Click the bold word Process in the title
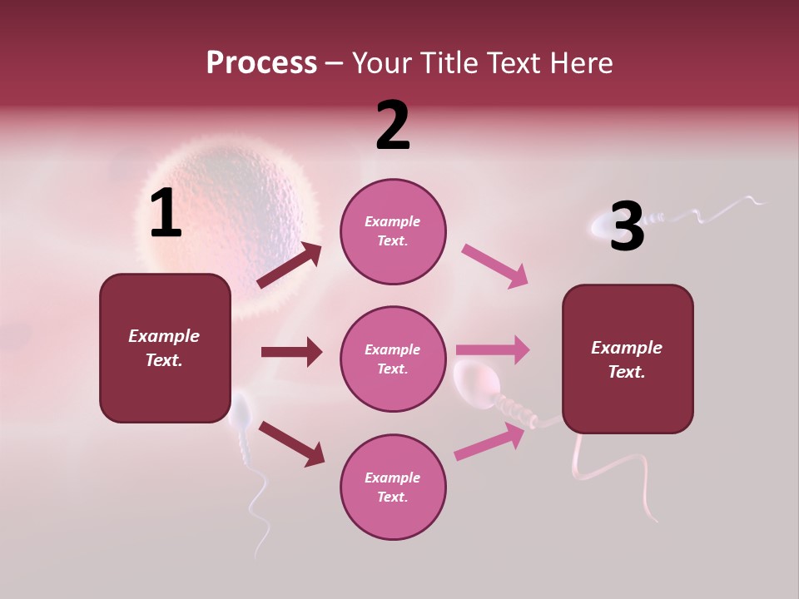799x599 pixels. [261, 62]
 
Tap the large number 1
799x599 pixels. [166, 214]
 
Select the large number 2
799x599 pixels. [393, 126]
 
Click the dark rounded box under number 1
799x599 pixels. [165, 348]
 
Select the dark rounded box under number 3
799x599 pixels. [628, 359]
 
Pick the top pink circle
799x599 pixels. [393, 231]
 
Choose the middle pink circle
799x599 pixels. [393, 359]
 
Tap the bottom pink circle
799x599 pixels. [393, 487]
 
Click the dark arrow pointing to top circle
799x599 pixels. [290, 265]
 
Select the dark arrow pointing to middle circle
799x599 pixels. [292, 352]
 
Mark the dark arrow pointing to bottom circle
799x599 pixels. [291, 443]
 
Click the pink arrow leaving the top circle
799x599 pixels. [495, 266]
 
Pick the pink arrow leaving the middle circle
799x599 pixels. [493, 349]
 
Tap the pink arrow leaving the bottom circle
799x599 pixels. [491, 441]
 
